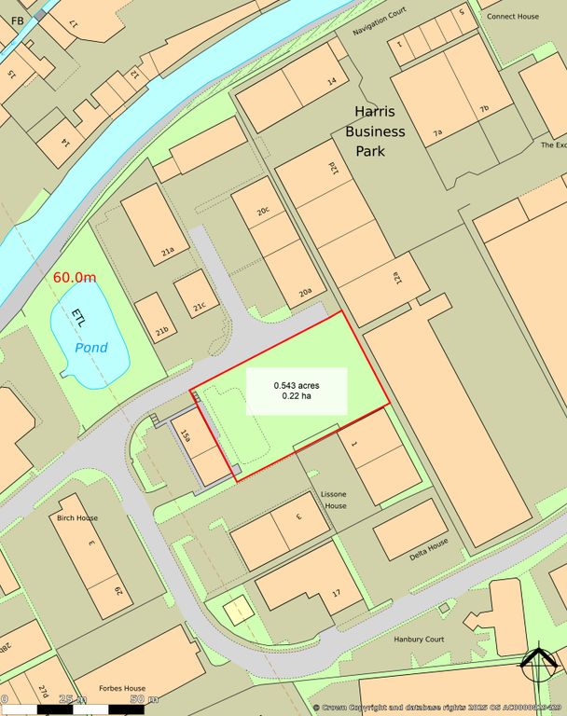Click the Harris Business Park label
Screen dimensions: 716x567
tap(375, 131)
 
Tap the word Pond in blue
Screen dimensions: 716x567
tap(91, 348)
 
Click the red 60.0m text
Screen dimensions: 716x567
tap(75, 277)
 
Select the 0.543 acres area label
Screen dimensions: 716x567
tap(297, 391)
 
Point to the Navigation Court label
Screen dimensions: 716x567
tap(381, 29)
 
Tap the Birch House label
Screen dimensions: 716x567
tap(77, 518)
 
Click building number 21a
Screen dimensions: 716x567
tap(169, 252)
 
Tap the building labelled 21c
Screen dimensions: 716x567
tap(200, 307)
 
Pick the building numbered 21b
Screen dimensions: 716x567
tap(161, 330)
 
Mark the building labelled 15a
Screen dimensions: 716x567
tap(186, 434)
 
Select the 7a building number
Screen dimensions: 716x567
tap(437, 133)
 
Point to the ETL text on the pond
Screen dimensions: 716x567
tap(77, 317)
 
